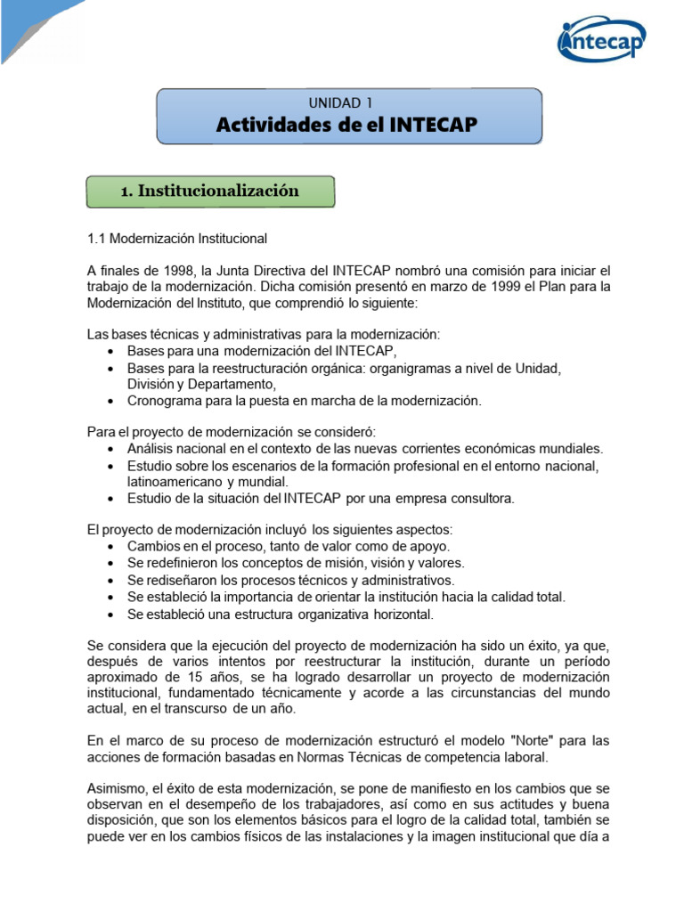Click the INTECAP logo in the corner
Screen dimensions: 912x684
click(x=601, y=41)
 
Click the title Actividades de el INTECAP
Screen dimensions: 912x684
click(x=347, y=126)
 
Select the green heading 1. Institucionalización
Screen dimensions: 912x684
click(x=210, y=191)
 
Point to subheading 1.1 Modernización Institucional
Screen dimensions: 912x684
click(x=176, y=239)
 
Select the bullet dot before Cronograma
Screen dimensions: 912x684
click(x=109, y=402)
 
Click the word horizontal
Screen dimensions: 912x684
click(x=402, y=614)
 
